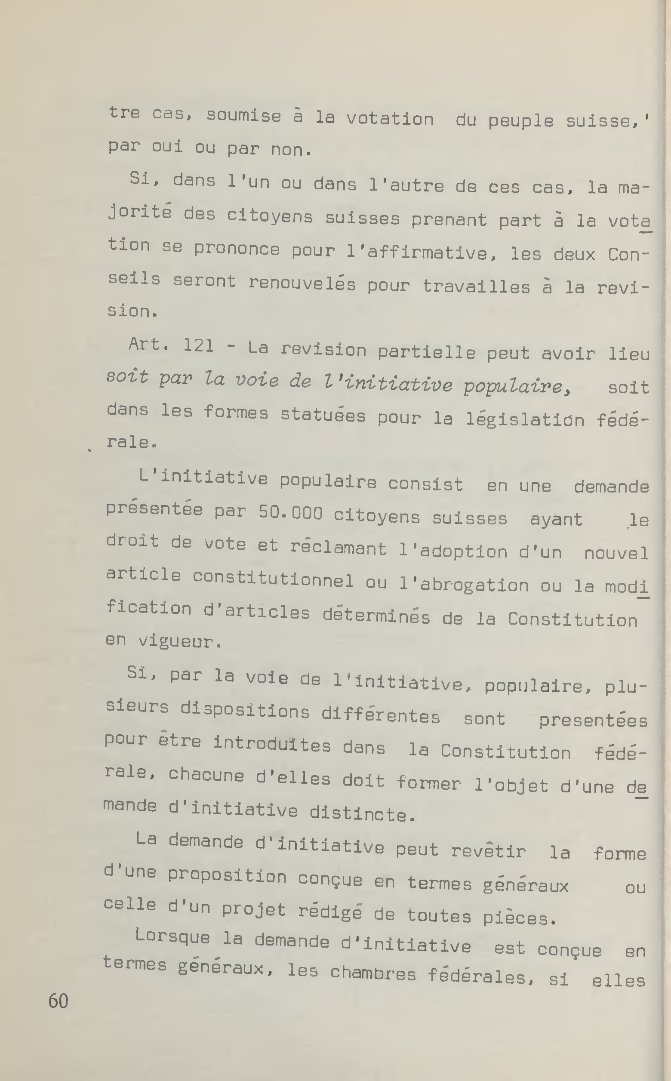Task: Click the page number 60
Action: (58, 1001)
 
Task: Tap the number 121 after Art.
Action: (198, 345)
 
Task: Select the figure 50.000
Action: (291, 513)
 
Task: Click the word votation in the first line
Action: (390, 119)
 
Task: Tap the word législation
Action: (525, 419)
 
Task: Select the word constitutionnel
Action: (273, 579)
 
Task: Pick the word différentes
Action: (381, 715)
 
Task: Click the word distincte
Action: (363, 813)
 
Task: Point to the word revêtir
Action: (488, 850)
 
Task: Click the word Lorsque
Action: (172, 936)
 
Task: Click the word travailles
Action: (476, 286)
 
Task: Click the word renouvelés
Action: (302, 283)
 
